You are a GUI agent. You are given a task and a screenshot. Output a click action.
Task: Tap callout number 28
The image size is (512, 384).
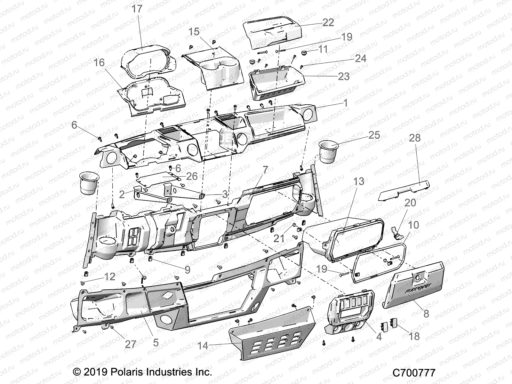pos(415,138)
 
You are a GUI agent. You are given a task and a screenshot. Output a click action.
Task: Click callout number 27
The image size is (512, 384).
pos(130,344)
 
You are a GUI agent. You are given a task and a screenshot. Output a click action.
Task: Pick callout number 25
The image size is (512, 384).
pos(374,135)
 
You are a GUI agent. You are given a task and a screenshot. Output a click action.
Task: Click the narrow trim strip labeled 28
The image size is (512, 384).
pos(404,191)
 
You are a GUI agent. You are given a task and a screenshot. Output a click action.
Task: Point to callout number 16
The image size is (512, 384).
pos(99,62)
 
